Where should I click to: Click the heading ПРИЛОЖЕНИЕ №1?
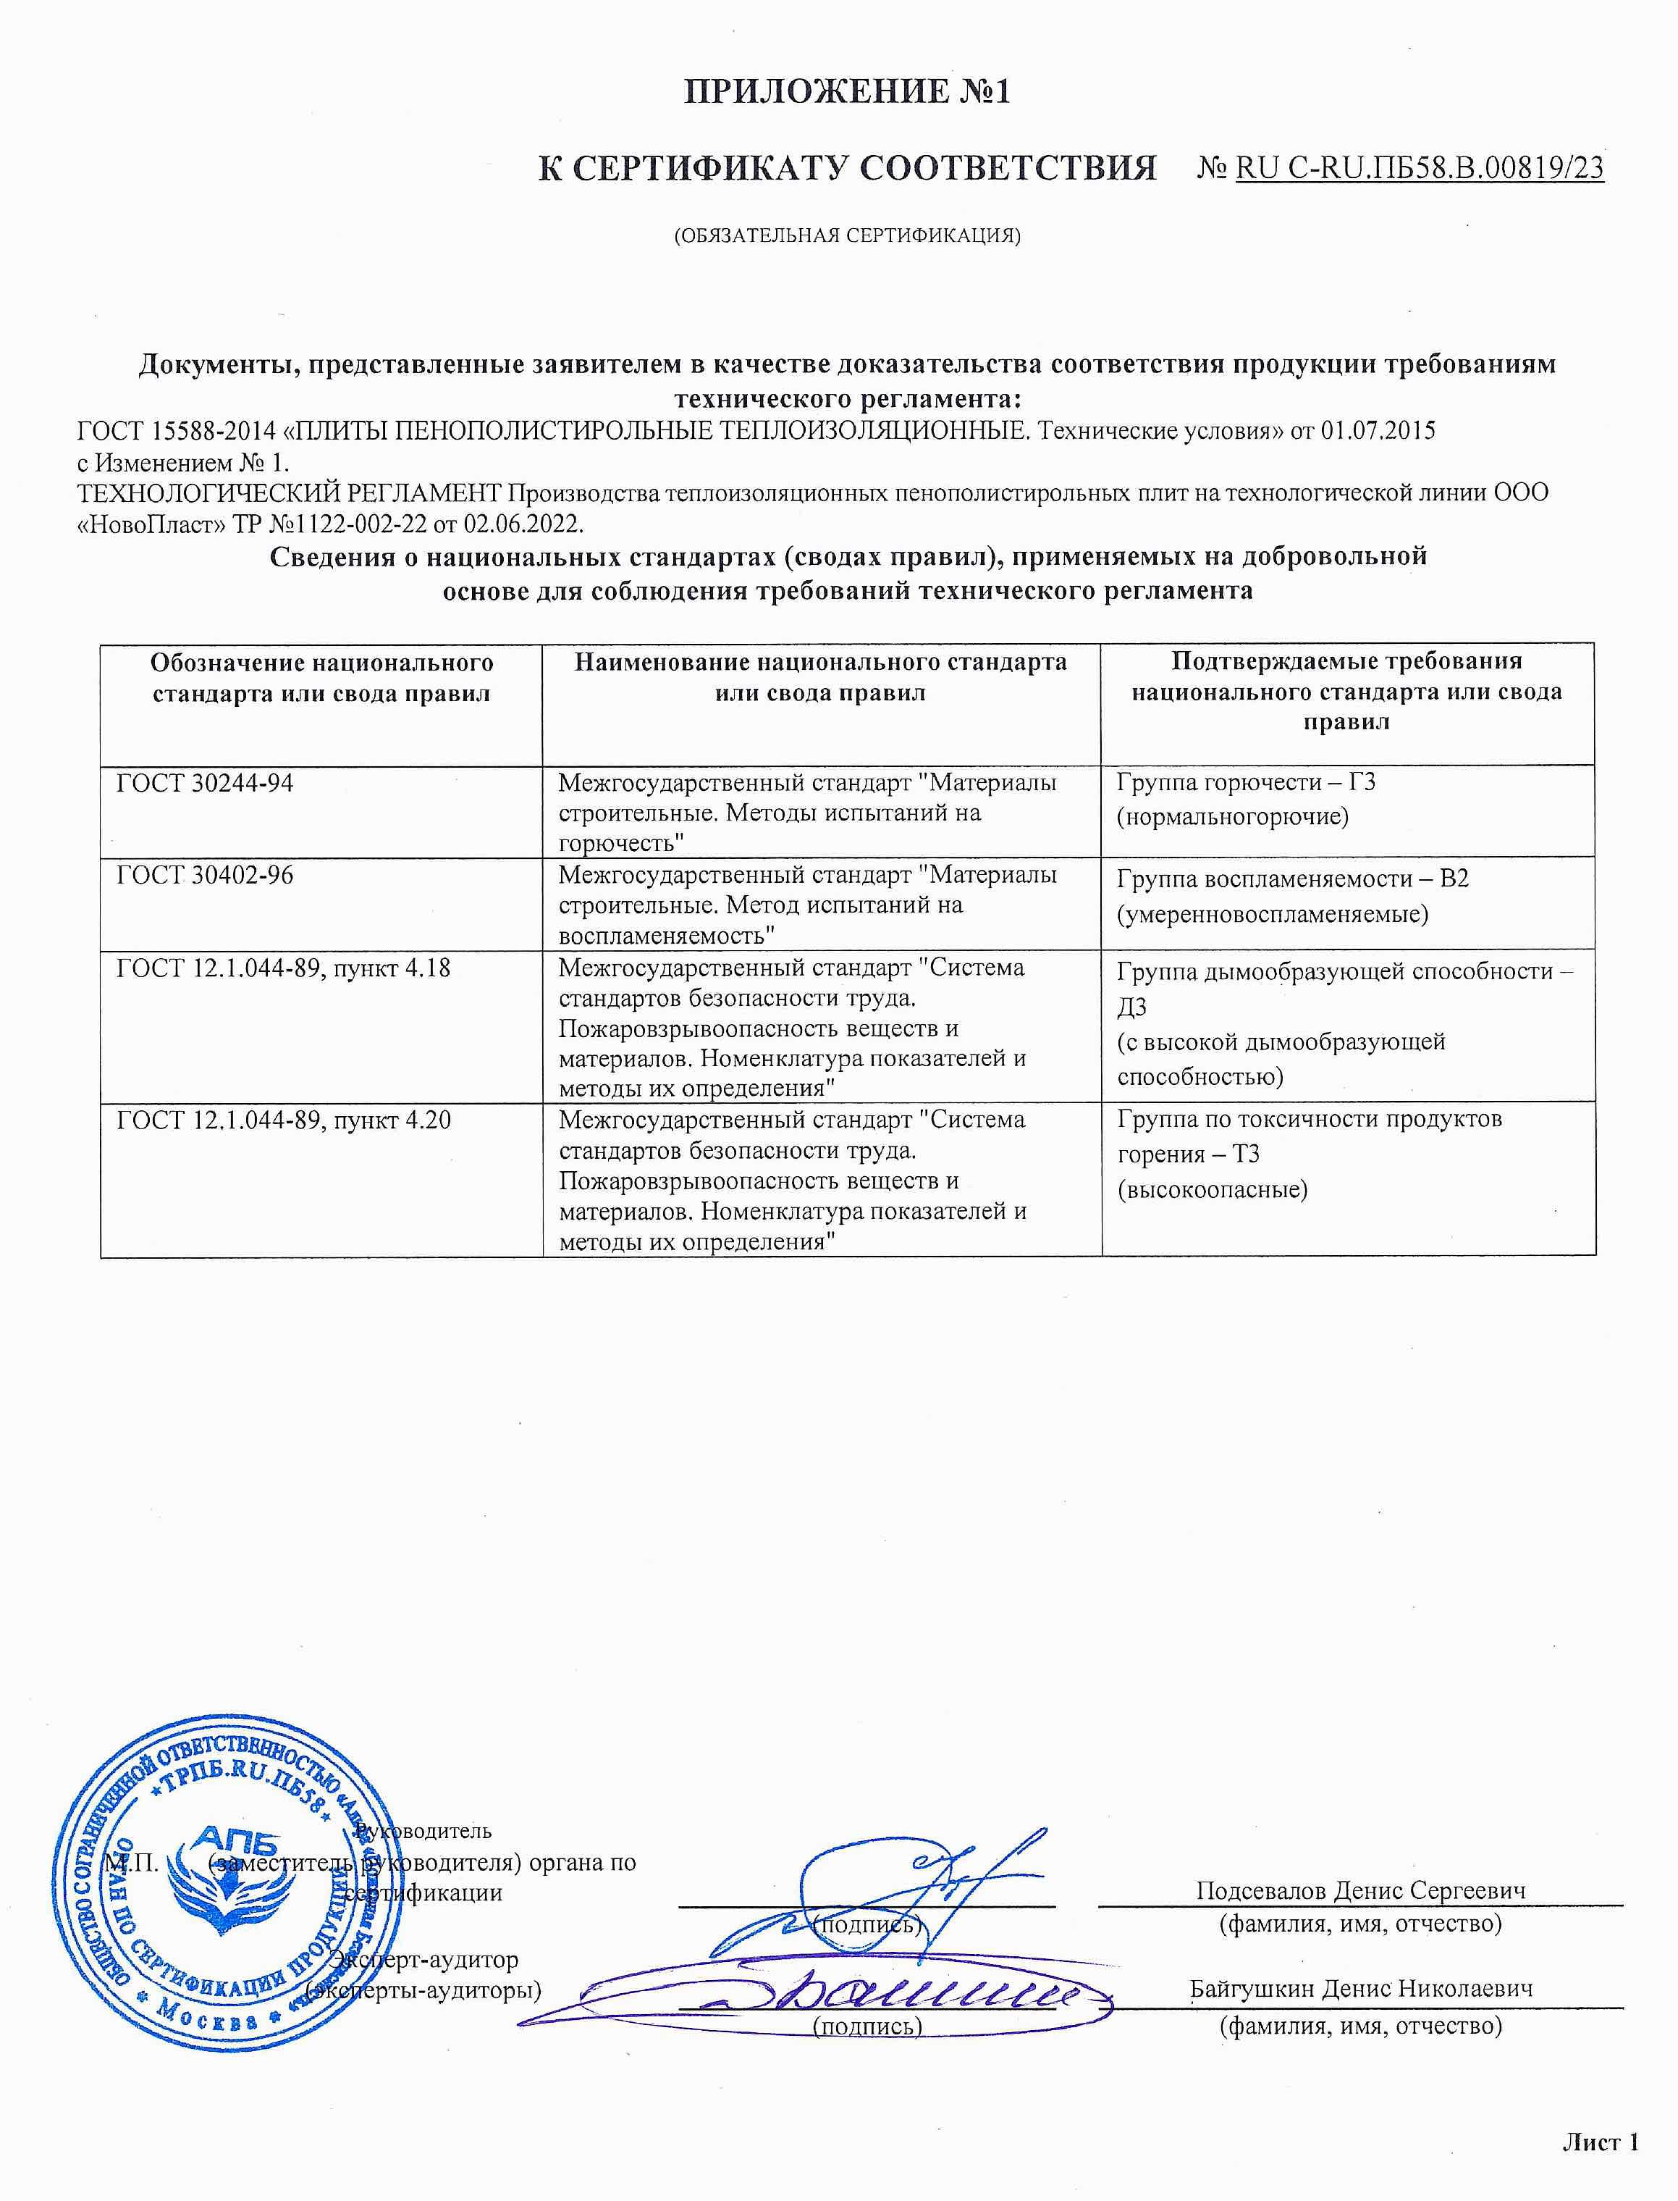847,92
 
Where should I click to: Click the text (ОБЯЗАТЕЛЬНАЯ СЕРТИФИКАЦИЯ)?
847,236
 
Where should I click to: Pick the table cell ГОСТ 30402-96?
205,875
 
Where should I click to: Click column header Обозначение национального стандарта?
321,677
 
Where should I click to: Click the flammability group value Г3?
1362,781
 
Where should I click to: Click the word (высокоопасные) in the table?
1213,1189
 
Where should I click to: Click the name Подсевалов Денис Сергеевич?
1360,1890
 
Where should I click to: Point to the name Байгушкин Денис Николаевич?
1360,1988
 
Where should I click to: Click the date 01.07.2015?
1378,431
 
